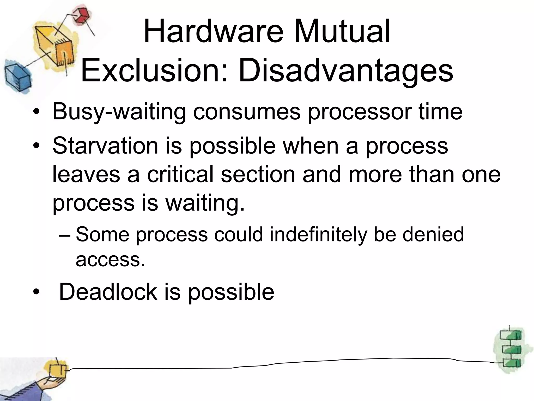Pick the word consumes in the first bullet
(247, 112)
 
